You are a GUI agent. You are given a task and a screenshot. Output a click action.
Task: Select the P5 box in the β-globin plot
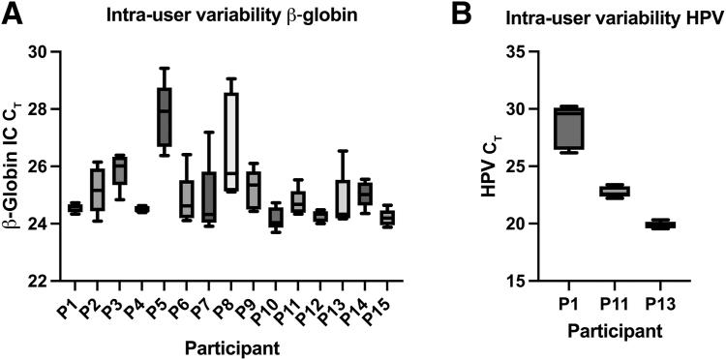pos(165,116)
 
